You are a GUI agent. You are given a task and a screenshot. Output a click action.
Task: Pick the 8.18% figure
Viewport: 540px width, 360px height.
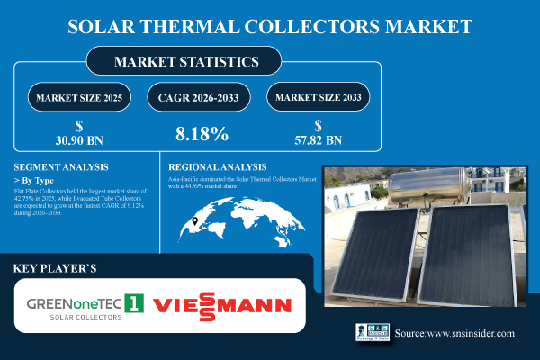click(x=202, y=133)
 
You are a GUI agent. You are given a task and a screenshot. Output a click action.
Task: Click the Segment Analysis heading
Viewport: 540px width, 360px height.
click(x=61, y=167)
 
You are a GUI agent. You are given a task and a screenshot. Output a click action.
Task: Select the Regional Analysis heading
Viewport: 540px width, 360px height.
click(x=218, y=167)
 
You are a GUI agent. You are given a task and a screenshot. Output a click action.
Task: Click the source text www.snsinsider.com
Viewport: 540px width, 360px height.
click(x=454, y=334)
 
